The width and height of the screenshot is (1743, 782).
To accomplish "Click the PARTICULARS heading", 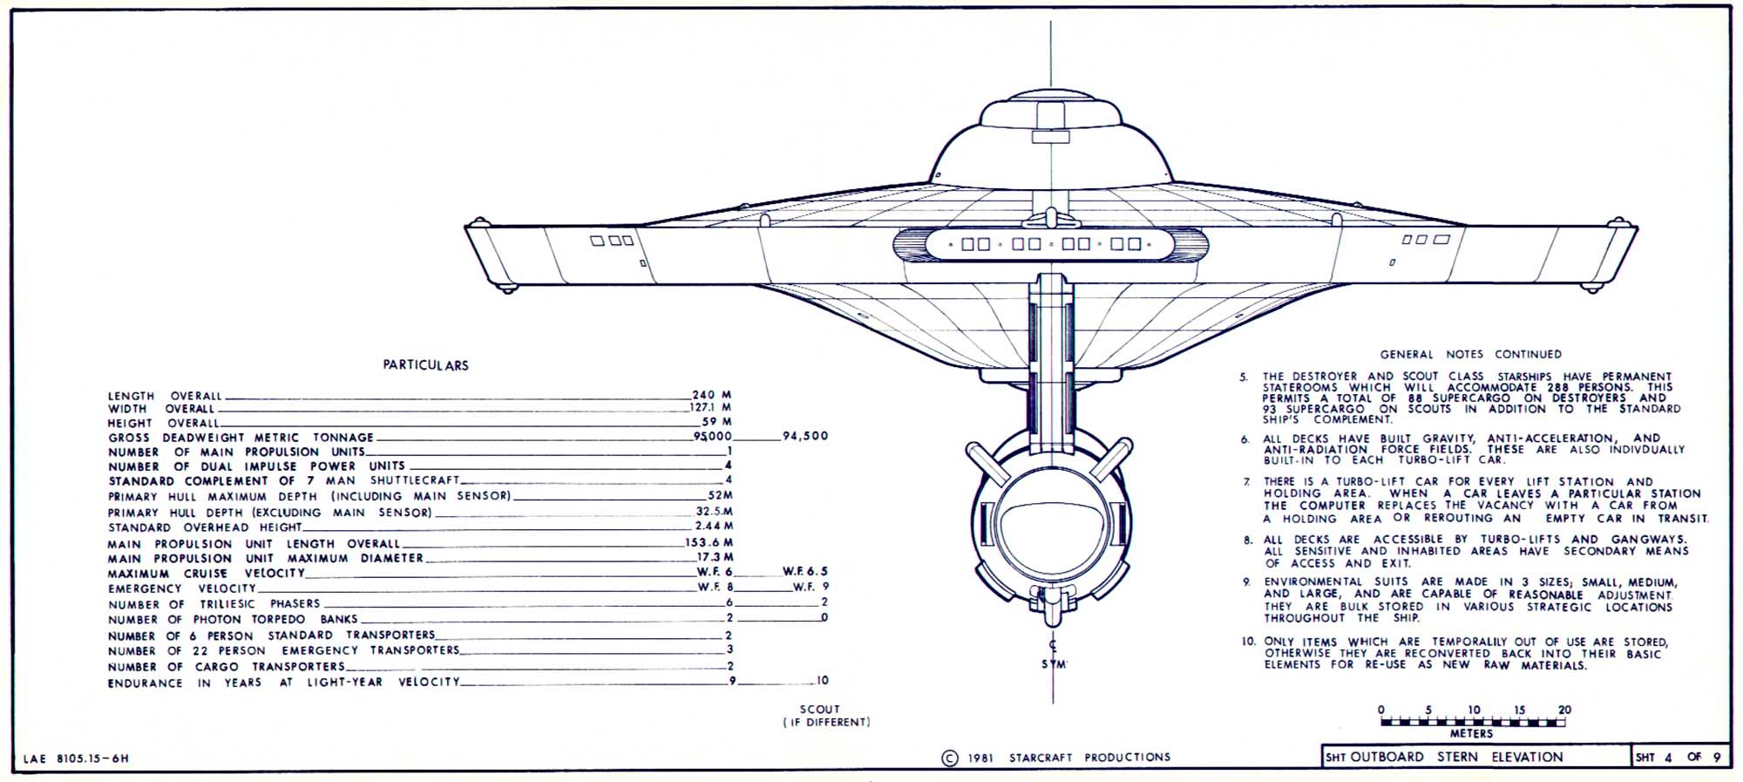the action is (x=425, y=365).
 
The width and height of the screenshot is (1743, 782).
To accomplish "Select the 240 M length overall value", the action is (x=711, y=395).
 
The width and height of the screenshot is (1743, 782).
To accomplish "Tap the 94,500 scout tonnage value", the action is (x=805, y=436).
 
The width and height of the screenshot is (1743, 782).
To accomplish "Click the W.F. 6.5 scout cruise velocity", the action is (x=805, y=571).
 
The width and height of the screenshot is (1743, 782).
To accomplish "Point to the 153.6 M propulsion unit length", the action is (x=709, y=542).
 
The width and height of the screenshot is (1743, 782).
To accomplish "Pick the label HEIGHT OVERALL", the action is (x=164, y=423).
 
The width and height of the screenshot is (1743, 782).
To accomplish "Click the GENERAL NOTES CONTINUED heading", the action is (x=1471, y=354).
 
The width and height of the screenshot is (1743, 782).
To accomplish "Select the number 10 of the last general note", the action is (x=1249, y=642).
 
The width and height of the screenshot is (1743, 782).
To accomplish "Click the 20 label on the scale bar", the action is (x=1564, y=710).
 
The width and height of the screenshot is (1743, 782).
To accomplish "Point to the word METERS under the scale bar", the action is (x=1472, y=734).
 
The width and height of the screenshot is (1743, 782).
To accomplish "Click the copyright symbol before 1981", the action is (x=950, y=758).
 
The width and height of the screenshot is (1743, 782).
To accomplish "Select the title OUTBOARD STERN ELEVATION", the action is (x=1456, y=757).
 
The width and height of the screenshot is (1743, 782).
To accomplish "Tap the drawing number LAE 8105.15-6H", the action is (x=76, y=758).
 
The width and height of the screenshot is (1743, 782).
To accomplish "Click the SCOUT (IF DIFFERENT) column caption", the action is (x=825, y=716).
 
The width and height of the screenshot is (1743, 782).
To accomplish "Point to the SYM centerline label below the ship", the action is (x=1054, y=664).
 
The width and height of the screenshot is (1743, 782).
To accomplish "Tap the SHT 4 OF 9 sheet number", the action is (x=1679, y=757).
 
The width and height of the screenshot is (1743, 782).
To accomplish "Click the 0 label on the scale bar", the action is (x=1381, y=710).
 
